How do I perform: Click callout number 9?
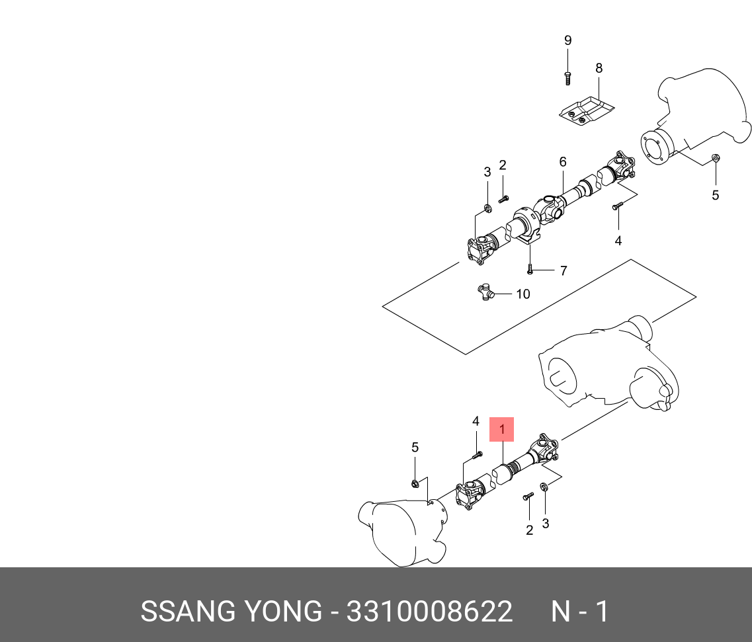click(x=567, y=40)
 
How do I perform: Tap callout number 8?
click(x=599, y=67)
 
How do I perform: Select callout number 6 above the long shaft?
click(x=563, y=162)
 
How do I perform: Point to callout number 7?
click(x=563, y=270)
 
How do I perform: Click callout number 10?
click(x=522, y=294)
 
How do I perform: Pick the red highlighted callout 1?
click(x=501, y=430)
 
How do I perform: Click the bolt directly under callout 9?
click(x=567, y=78)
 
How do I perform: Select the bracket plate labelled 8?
click(x=587, y=110)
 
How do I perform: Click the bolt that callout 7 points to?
click(x=530, y=269)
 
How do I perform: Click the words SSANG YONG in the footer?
click(x=231, y=612)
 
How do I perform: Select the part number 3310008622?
click(x=429, y=612)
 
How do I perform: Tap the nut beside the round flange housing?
click(x=715, y=158)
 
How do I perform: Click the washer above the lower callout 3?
click(x=544, y=488)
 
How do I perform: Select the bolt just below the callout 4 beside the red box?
click(x=478, y=454)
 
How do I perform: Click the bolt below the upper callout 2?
click(x=503, y=198)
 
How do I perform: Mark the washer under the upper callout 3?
click(x=487, y=209)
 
